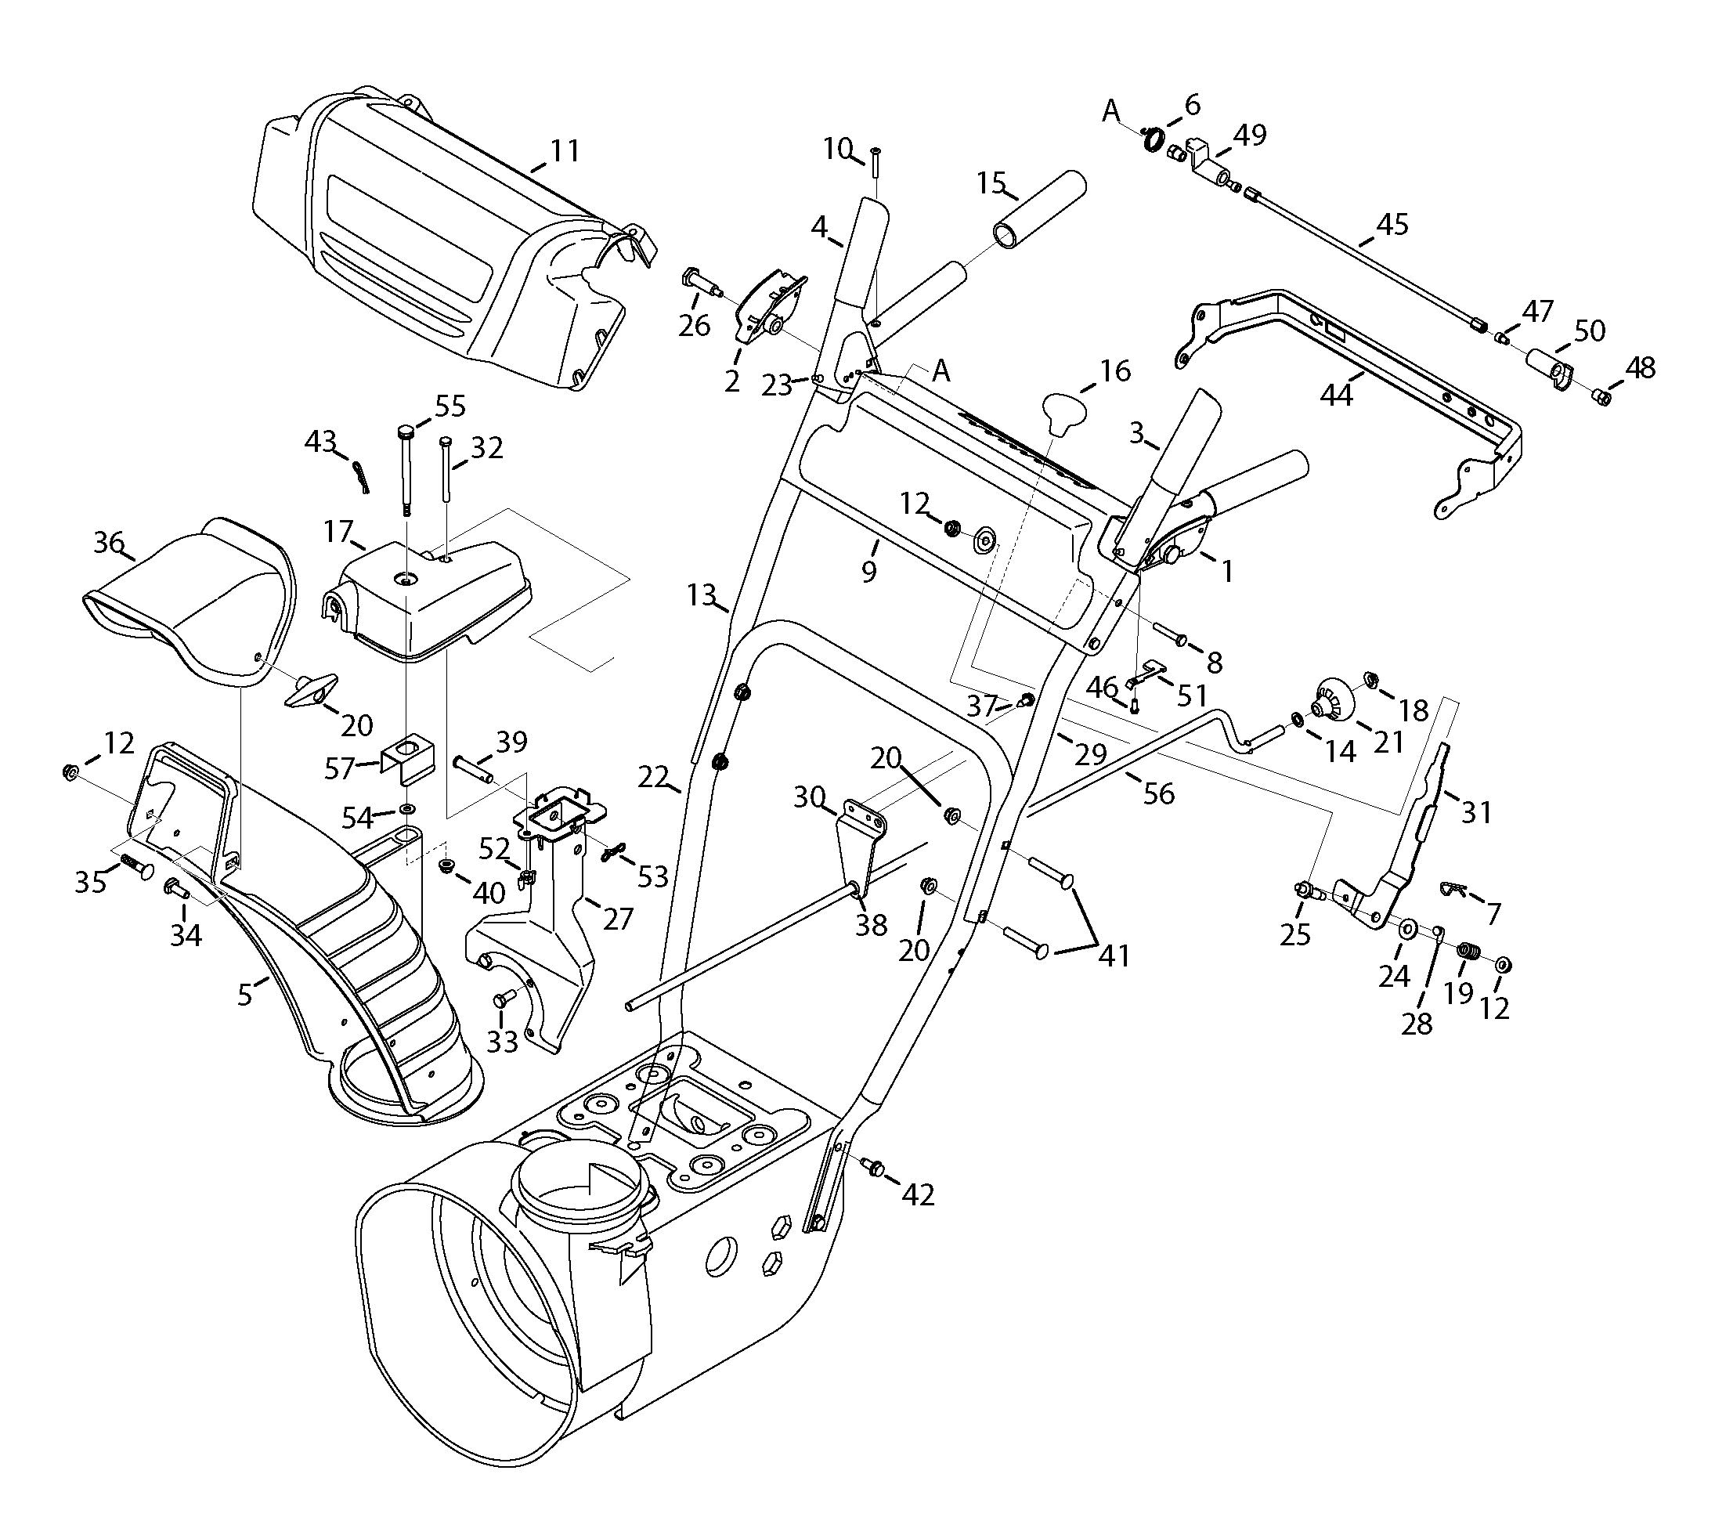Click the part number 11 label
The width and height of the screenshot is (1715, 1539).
point(565,150)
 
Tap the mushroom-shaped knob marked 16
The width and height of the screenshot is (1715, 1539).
point(1063,414)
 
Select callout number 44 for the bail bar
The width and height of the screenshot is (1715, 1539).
point(1336,394)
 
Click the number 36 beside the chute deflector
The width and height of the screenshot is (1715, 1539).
point(109,542)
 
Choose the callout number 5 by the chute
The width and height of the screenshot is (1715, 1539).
point(244,995)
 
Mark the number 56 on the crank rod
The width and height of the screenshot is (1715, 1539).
point(1157,793)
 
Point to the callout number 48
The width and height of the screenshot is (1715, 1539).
point(1640,368)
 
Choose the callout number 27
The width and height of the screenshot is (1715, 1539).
point(617,919)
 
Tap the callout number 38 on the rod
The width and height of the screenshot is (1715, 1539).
point(871,925)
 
